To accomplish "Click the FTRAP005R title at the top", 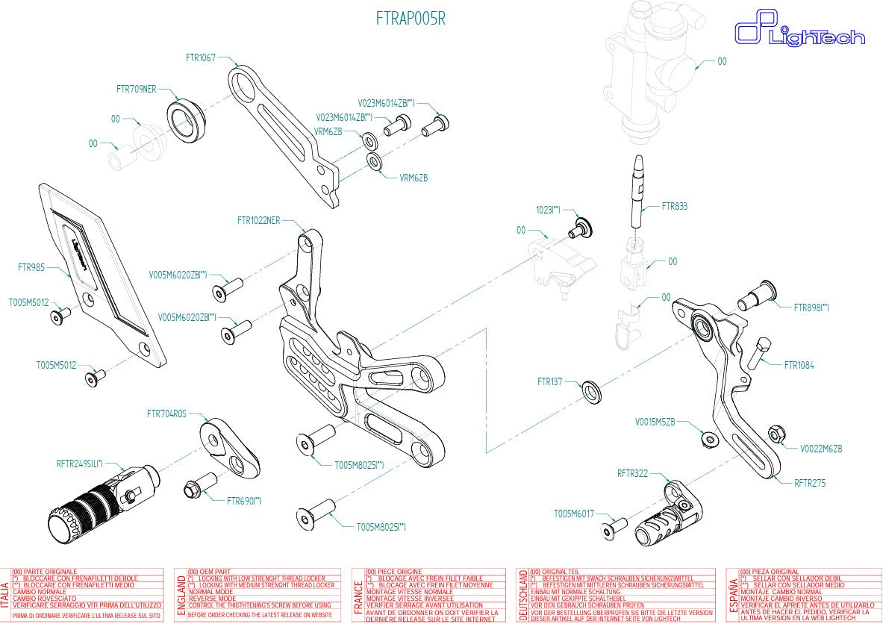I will click(x=411, y=19).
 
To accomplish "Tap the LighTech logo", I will click(x=799, y=33).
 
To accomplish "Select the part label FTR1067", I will click(x=201, y=57).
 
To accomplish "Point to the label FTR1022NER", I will click(x=258, y=220).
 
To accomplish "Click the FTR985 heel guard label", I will click(x=31, y=266).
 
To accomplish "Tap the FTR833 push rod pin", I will click(x=640, y=194).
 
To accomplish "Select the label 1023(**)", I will click(x=548, y=211).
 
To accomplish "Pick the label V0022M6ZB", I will click(x=821, y=449).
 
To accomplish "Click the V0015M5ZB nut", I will click(x=708, y=439).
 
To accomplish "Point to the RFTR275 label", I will click(x=810, y=483).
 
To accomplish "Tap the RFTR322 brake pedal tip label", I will click(x=632, y=473).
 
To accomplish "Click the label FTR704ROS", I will click(x=166, y=413).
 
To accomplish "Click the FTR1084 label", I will click(x=799, y=366).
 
